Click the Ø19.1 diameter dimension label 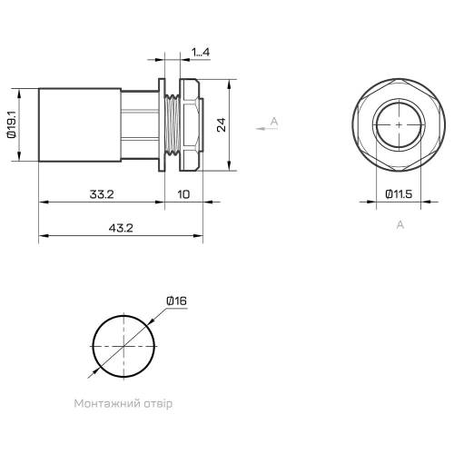(x=12, y=124)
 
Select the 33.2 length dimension (x=102, y=194)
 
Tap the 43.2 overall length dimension (x=121, y=228)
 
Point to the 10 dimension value (x=183, y=194)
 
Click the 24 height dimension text (x=222, y=124)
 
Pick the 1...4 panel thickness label (x=201, y=52)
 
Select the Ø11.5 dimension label (x=399, y=194)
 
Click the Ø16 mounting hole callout (x=176, y=301)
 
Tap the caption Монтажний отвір (x=123, y=403)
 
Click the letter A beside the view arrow (x=274, y=122)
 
